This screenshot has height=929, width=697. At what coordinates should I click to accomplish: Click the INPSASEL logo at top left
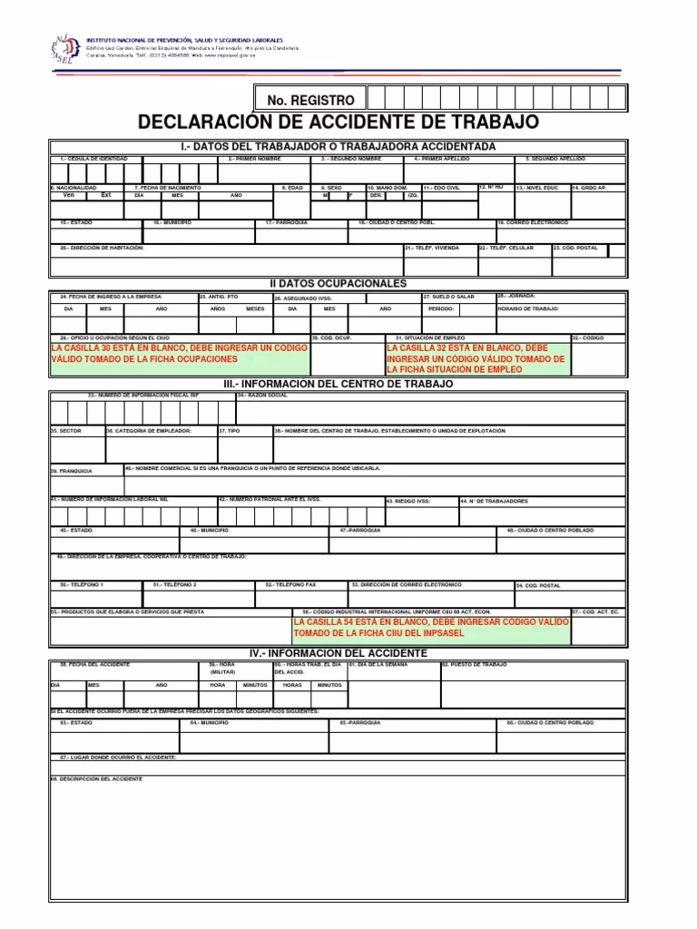tap(64, 50)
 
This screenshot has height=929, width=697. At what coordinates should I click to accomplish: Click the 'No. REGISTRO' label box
tap(310, 99)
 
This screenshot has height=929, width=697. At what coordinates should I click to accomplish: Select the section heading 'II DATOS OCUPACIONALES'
tap(337, 284)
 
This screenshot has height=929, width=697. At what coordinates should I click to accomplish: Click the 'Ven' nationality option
tap(69, 195)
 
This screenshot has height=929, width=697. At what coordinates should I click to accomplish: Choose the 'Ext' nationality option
tap(105, 195)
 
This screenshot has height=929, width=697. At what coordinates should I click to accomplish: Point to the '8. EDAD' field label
tap(290, 188)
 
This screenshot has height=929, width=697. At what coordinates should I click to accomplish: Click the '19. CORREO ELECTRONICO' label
tap(534, 222)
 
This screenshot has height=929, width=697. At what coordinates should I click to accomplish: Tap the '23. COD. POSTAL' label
tap(575, 248)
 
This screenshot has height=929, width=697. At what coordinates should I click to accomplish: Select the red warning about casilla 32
tap(477, 358)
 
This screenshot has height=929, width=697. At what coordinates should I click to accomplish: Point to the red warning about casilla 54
tap(431, 628)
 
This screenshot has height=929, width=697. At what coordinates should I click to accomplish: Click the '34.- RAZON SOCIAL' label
tap(263, 396)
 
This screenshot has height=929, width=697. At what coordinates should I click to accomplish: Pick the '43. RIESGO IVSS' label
tap(409, 501)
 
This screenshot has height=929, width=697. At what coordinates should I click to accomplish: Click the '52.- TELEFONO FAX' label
tap(291, 585)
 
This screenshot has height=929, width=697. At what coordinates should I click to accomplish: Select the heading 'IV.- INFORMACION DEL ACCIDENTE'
tap(338, 653)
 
